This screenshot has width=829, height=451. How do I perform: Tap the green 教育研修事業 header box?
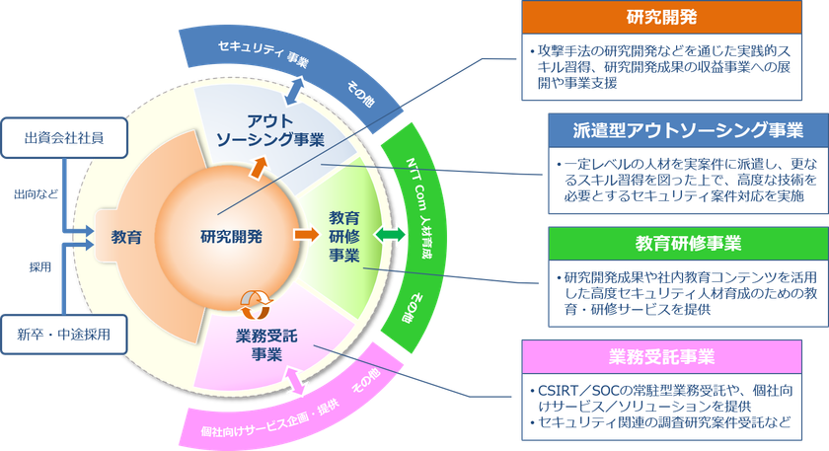[682, 243]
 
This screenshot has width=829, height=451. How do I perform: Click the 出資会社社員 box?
[65, 136]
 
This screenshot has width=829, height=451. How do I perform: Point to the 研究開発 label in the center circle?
[230, 236]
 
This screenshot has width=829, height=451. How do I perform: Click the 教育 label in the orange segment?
[126, 237]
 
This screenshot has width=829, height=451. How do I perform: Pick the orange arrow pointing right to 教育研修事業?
[304, 236]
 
